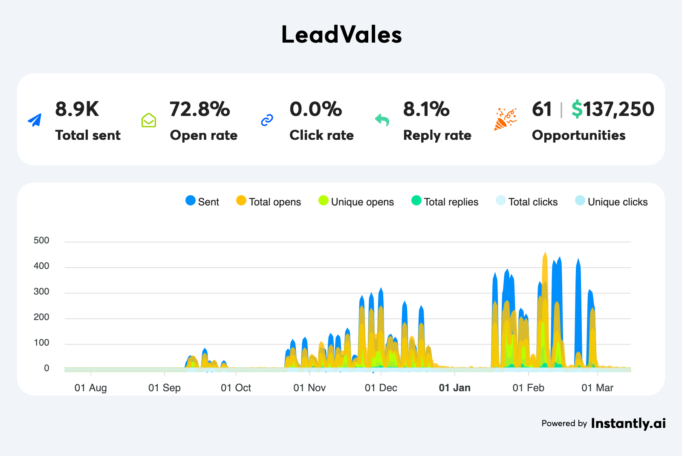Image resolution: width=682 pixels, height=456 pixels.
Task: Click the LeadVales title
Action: point(341,35)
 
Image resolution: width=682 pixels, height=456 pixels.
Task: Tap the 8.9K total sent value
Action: point(77,110)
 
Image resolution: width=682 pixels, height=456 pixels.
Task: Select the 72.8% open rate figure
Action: point(199,110)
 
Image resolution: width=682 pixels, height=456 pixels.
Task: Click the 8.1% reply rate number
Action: point(426,110)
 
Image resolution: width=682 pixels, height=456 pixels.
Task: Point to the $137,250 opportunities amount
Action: point(613,110)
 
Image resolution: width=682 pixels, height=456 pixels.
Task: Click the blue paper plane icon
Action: point(35,120)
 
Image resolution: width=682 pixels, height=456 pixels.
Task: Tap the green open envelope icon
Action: point(149,120)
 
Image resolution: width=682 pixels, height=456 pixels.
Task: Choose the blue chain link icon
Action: point(267,120)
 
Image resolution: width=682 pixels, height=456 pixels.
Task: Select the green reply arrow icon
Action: point(382,120)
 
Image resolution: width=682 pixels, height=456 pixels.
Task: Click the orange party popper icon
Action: point(506,119)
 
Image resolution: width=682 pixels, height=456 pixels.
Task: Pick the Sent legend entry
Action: point(202,202)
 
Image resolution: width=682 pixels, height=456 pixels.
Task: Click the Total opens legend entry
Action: point(269,202)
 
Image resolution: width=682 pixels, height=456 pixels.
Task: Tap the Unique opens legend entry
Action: point(356,202)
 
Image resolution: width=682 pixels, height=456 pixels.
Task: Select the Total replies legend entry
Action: point(445,202)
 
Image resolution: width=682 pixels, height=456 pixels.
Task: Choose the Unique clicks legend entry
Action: point(612,202)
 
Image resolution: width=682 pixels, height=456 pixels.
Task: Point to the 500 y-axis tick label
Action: point(41,240)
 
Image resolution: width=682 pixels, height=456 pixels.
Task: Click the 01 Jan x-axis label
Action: point(455,388)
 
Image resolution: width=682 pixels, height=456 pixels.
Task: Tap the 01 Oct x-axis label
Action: point(236,388)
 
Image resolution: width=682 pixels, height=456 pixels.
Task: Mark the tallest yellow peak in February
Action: point(545,254)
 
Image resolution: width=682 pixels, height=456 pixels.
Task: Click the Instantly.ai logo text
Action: point(628,423)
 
